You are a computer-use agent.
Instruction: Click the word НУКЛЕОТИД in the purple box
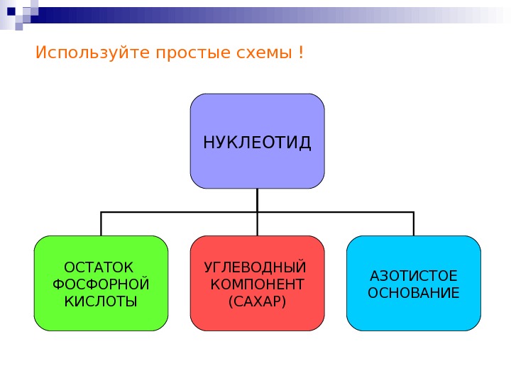(x=257, y=143)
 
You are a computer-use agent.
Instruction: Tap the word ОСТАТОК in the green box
(x=99, y=268)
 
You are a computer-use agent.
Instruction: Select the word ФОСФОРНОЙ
(x=101, y=284)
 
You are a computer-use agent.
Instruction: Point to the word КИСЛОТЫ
(x=101, y=301)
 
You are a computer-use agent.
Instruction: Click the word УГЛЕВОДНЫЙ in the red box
(x=256, y=268)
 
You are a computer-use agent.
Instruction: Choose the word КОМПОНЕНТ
(x=257, y=284)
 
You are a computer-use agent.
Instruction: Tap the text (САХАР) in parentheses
(x=257, y=301)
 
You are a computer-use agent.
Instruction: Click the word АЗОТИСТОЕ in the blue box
(x=414, y=276)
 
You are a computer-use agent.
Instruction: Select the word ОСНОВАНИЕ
(x=414, y=292)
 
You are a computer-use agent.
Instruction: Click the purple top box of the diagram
(x=257, y=113)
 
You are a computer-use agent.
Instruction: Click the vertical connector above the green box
(x=101, y=223)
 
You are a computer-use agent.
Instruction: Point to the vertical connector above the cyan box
(x=414, y=223)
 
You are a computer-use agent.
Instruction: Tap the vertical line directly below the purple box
(x=257, y=200)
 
